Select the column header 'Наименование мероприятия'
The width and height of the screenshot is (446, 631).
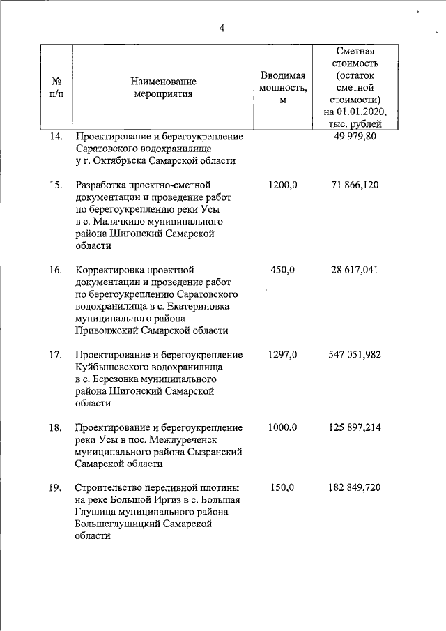[x=163, y=88]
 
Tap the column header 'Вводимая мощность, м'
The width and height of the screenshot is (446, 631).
[x=282, y=88]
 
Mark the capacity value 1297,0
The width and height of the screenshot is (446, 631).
[x=282, y=355]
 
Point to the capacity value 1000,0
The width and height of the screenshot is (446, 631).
[x=282, y=427]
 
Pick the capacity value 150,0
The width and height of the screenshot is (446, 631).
[x=284, y=487]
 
